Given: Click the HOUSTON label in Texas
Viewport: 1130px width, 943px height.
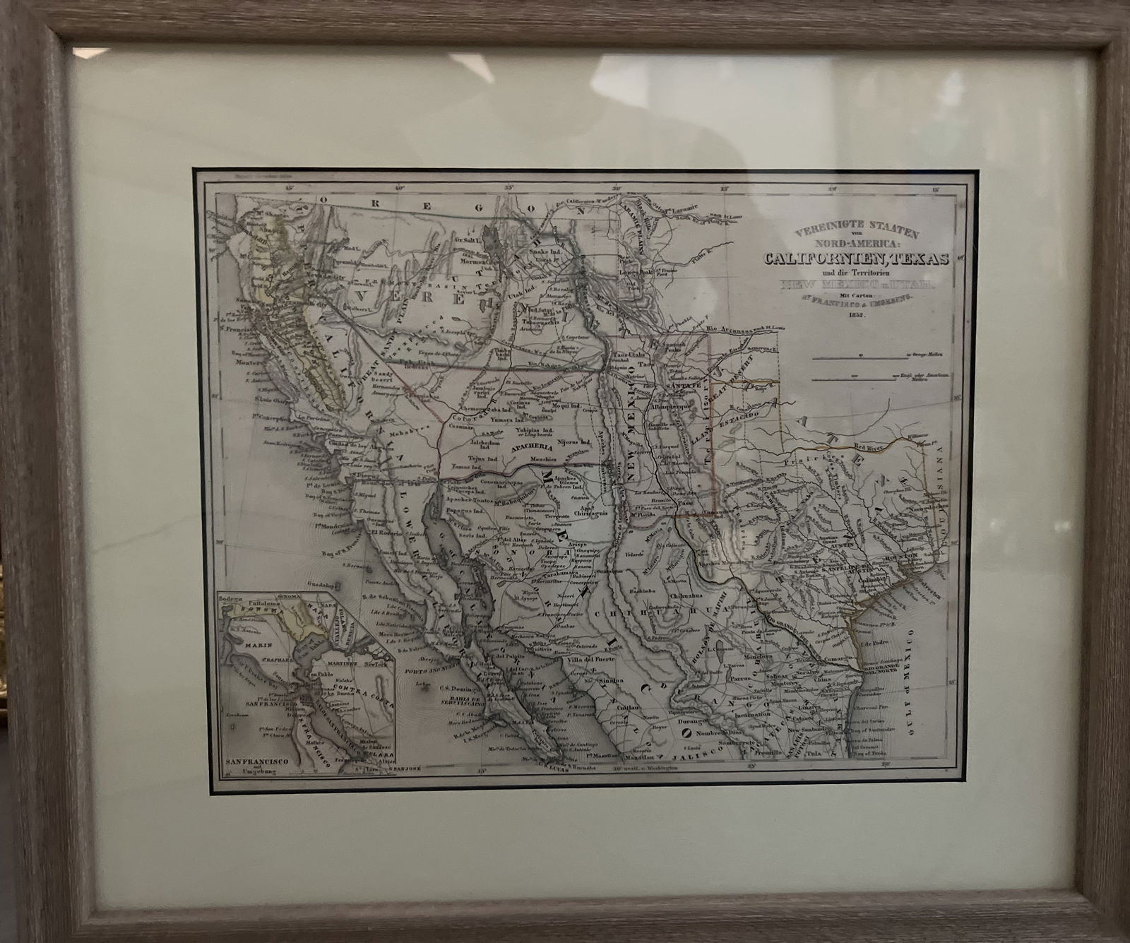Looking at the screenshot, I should coord(898,556).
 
